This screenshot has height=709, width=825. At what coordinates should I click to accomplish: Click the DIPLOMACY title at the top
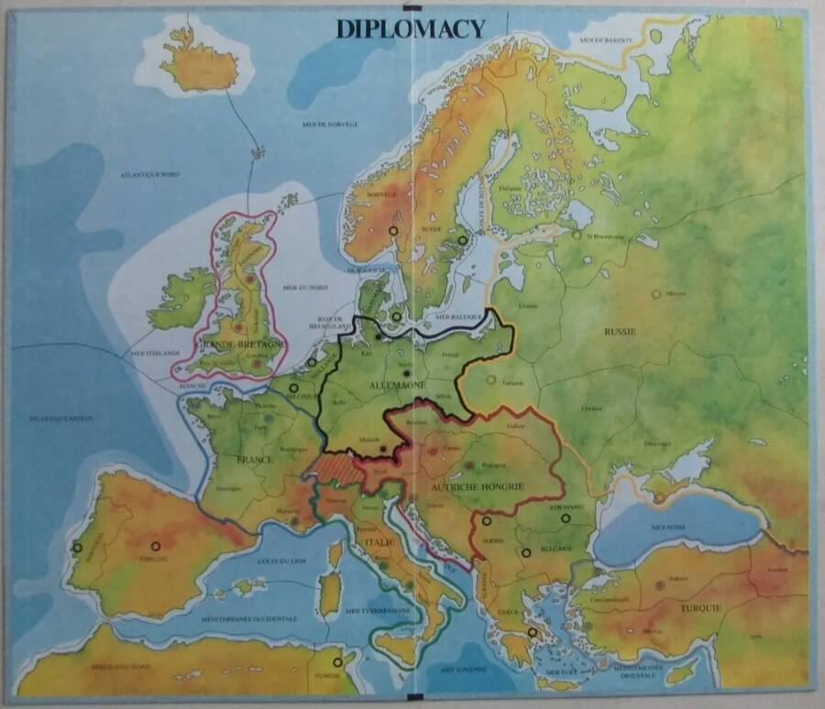pos(410,28)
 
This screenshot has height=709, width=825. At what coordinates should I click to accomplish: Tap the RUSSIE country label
pos(620,332)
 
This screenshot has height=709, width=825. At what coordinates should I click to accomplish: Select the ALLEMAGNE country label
pos(394,386)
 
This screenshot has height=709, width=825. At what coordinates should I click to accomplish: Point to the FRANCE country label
pos(255,459)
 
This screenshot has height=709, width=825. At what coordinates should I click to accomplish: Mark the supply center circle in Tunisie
pos(337,661)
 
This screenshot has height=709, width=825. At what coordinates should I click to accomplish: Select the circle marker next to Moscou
pos(655,293)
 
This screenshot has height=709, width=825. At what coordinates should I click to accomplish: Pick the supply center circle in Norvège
pos(393,232)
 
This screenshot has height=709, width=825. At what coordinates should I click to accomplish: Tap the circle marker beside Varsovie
pos(491,379)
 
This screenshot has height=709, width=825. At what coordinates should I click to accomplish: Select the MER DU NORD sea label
pos(303,288)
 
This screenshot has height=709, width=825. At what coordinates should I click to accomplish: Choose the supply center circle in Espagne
pos(156,546)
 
